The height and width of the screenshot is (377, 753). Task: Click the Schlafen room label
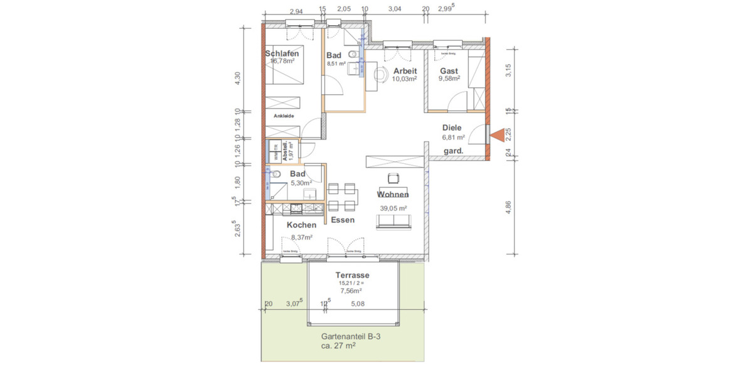coord(282,53)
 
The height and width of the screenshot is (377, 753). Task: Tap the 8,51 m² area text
coord(336,63)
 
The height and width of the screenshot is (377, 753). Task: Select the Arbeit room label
coord(405,70)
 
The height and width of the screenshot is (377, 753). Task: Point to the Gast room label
coord(449,71)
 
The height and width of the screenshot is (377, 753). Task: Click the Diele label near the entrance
coord(452,128)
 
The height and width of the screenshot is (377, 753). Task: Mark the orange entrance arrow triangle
coord(498,134)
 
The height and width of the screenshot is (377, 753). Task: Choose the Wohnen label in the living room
coord(393,195)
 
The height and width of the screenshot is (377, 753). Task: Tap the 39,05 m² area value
coord(393,209)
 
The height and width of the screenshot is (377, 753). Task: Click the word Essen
coord(343,220)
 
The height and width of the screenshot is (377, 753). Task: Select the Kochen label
coord(301,225)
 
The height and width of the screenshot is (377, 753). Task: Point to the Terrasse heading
coord(352,275)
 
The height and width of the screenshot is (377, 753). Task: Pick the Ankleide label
coord(284,116)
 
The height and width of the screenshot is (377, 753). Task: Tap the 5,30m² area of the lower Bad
coord(301,183)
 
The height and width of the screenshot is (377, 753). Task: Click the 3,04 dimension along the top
coord(395,9)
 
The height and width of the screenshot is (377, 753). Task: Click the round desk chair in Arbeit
coord(381,74)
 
